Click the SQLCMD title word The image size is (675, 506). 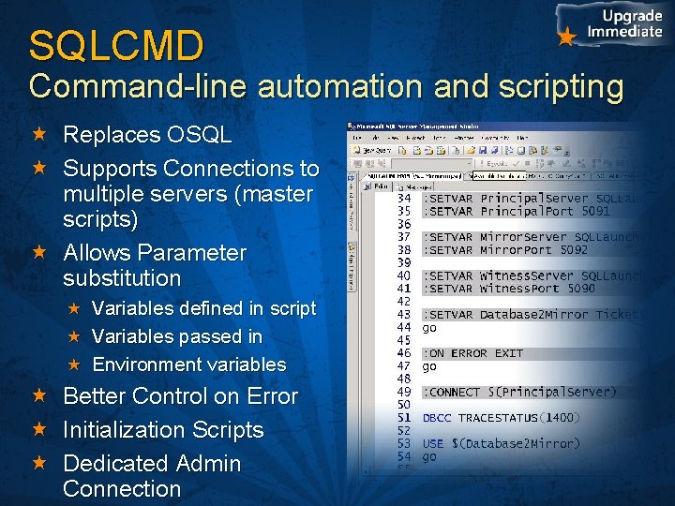[x=116, y=46]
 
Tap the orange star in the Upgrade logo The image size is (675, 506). [x=565, y=37]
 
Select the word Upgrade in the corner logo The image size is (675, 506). [x=632, y=16]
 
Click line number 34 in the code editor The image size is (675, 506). [x=404, y=199]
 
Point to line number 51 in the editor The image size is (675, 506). [x=404, y=418]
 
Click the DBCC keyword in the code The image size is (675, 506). [x=437, y=418]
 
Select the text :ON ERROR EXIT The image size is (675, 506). [x=472, y=353]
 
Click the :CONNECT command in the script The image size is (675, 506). [x=453, y=392]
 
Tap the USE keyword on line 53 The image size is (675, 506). [x=433, y=443]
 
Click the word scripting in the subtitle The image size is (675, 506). [x=563, y=86]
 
